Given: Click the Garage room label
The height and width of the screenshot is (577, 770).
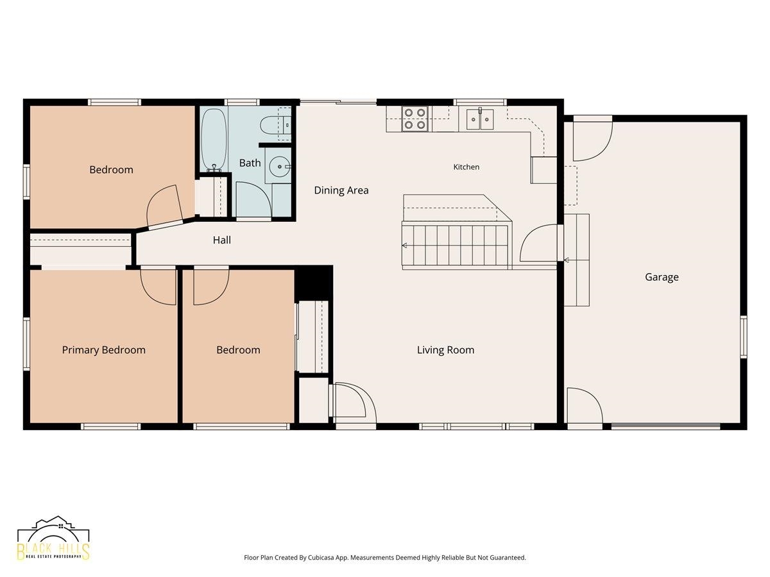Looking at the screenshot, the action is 662,277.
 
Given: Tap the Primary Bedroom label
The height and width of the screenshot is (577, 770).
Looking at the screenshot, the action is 103,349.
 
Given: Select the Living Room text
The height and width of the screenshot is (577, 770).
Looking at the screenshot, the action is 445,349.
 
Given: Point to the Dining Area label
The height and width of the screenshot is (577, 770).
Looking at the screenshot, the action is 341,190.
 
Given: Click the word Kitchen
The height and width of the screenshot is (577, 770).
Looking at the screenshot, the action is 466,167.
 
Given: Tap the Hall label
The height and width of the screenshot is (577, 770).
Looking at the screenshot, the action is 222,240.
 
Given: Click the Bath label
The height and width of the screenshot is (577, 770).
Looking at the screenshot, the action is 250,163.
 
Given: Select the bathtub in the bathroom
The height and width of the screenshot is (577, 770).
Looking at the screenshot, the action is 214,140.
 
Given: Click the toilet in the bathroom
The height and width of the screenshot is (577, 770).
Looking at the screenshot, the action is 275,125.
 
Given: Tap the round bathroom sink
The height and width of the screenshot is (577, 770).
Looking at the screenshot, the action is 280,167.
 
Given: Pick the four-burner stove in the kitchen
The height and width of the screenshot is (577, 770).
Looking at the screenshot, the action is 415,119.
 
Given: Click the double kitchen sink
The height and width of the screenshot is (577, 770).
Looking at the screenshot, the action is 480,119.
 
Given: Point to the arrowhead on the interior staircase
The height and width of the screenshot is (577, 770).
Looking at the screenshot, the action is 404,246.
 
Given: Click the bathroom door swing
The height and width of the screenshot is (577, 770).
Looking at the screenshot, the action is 253,199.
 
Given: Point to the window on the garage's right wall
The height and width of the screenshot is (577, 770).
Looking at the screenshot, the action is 743,337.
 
